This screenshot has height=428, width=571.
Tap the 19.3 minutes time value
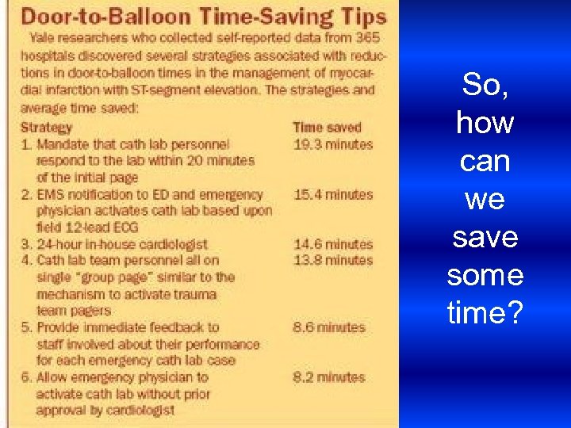pyautogui.click(x=332, y=144)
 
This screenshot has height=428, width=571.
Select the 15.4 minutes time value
pyautogui.click(x=332, y=194)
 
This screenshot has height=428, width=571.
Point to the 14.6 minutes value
pyautogui.click(x=332, y=244)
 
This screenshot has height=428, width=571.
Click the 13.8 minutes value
pyautogui.click(x=332, y=260)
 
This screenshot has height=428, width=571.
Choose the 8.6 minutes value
pyautogui.click(x=329, y=327)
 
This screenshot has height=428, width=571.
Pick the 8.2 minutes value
pyautogui.click(x=329, y=377)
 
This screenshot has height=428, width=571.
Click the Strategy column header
pyautogui.click(x=46, y=127)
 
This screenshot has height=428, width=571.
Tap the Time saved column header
pyautogui.click(x=327, y=127)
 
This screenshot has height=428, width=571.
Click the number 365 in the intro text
pyautogui.click(x=366, y=37)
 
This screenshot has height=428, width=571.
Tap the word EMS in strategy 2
pyautogui.click(x=50, y=194)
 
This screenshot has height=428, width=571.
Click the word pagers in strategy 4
pyautogui.click(x=89, y=311)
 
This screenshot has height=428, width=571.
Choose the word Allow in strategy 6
pyautogui.click(x=54, y=377)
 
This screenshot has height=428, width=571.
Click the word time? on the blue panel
pyautogui.click(x=485, y=314)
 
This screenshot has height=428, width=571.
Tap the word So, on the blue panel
pyautogui.click(x=485, y=85)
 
